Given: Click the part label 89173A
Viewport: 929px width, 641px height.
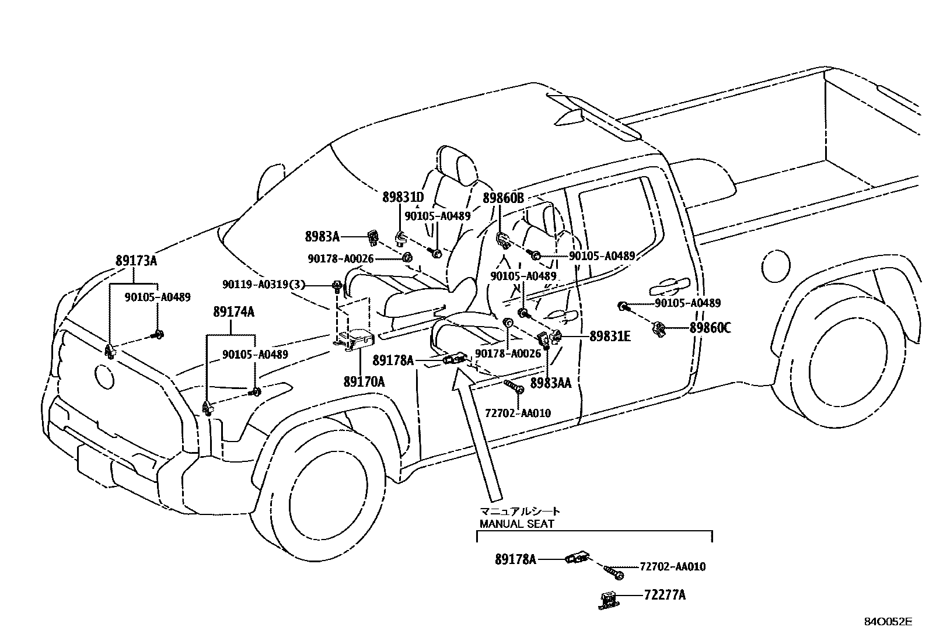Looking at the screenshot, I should [x=136, y=261].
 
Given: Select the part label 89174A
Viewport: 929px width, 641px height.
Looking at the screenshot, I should [x=233, y=312].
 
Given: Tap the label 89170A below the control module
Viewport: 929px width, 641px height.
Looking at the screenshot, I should [x=364, y=382].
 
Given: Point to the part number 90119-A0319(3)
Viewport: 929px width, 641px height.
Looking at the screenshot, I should [x=271, y=284].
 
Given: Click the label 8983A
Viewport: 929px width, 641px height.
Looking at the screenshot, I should [x=322, y=236].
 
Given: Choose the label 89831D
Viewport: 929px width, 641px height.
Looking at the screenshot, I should [x=403, y=197].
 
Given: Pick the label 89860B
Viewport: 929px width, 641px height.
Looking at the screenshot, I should [x=503, y=198].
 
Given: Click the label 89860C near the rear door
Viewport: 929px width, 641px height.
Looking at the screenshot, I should [x=710, y=328].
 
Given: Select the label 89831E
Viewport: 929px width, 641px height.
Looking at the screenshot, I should [x=610, y=337].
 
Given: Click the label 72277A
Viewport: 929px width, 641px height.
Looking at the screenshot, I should [x=665, y=595].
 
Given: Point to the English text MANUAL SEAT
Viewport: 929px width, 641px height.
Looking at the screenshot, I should [x=516, y=524].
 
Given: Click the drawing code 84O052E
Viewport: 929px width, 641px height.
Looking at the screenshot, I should [x=887, y=622].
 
